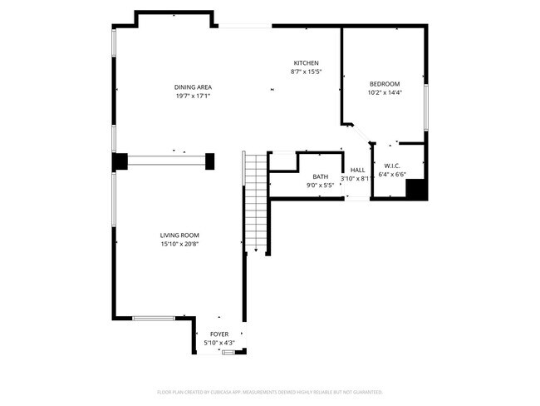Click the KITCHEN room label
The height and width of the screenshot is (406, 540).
click(x=306, y=63)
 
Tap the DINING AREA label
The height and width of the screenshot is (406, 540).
click(x=193, y=87)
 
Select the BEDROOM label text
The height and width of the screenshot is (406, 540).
click(x=385, y=84)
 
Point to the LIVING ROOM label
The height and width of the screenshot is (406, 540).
click(x=179, y=235)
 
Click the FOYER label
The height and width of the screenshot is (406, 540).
click(x=218, y=334)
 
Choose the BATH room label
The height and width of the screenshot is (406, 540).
click(x=320, y=176)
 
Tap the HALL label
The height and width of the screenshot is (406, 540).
click(x=358, y=170)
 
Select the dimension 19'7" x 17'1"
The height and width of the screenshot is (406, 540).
click(x=193, y=97)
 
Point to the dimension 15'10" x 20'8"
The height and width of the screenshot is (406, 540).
click(x=179, y=244)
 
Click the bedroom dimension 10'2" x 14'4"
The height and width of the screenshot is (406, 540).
click(x=385, y=93)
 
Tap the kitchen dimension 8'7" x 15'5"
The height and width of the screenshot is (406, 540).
click(x=306, y=72)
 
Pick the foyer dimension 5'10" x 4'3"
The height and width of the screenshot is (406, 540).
click(x=218, y=342)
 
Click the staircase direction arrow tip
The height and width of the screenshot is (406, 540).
click(x=257, y=250)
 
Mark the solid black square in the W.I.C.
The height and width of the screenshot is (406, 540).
click(x=416, y=191)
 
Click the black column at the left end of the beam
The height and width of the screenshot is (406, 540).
click(x=120, y=161)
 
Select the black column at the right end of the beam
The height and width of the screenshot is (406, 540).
click(x=210, y=161)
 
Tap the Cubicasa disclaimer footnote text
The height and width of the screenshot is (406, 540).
click(x=270, y=391)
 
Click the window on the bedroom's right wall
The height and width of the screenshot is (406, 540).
click(x=427, y=107)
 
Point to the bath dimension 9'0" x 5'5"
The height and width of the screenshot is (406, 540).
click(x=320, y=186)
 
